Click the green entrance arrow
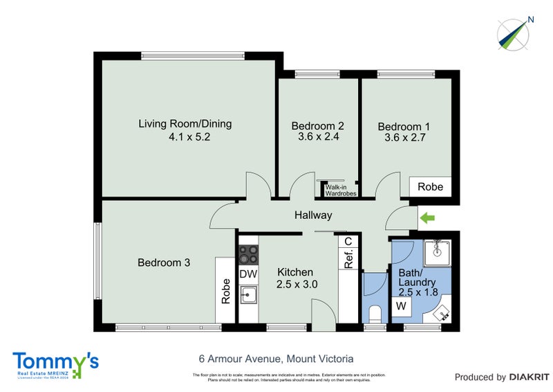pos(427,218)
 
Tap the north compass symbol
pos(515,34)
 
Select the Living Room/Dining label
pos(185,130)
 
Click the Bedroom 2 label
pos(317,131)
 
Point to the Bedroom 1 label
pos(404,132)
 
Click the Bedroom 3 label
pos(164,262)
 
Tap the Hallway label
pos(313,215)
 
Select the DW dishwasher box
pos(248,274)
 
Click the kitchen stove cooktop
pos(248,254)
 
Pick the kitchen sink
pos(248,296)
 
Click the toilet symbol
pos(374,312)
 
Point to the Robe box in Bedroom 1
pos(430,187)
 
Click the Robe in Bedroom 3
pos(225,291)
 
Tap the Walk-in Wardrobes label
pos(340,190)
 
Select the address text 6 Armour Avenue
pos(272,359)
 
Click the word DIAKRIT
pos(529,377)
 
